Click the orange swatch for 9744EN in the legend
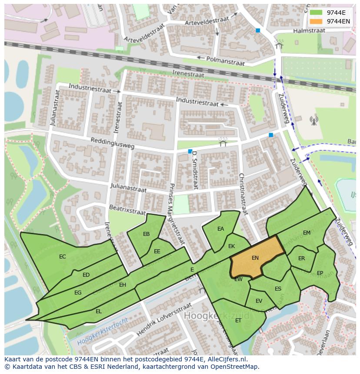click(316, 21)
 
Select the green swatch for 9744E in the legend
click(316, 13)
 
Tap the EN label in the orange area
click(255, 258)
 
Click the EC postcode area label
click(63, 257)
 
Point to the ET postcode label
click(238, 321)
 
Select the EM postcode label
click(307, 233)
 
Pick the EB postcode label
click(147, 234)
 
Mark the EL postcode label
click(99, 311)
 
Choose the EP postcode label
click(320, 273)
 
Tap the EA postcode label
click(220, 229)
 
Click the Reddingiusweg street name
click(113, 143)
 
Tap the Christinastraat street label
click(243, 194)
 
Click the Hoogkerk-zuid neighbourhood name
click(217, 315)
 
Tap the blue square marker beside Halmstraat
click(258, 30)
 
